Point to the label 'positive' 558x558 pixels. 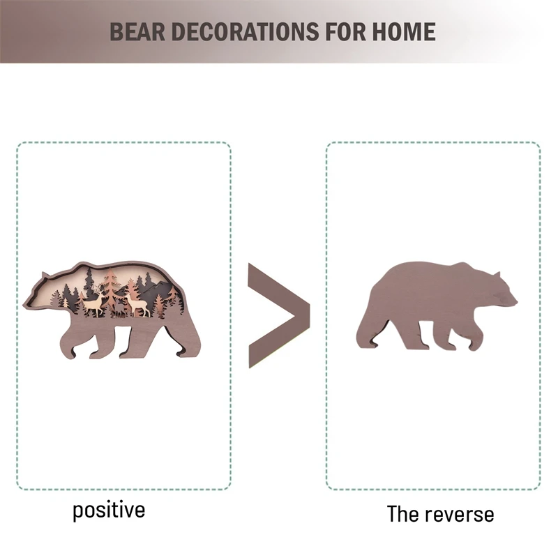click(109, 510)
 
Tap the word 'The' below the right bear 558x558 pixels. click(402, 515)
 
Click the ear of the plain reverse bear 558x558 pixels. click(497, 273)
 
